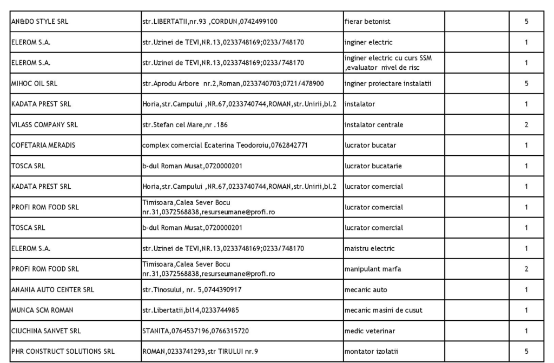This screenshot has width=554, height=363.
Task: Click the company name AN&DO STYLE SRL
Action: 40,22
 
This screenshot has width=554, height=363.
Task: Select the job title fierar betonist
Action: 367,22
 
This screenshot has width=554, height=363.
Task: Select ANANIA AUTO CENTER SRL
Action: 52,290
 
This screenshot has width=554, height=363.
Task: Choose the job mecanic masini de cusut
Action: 383,311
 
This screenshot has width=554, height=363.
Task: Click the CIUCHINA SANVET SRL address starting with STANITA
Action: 195,331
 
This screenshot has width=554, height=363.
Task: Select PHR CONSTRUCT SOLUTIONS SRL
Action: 63,352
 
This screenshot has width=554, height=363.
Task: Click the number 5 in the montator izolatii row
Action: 526,352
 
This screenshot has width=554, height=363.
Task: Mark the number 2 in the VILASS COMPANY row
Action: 526,125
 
